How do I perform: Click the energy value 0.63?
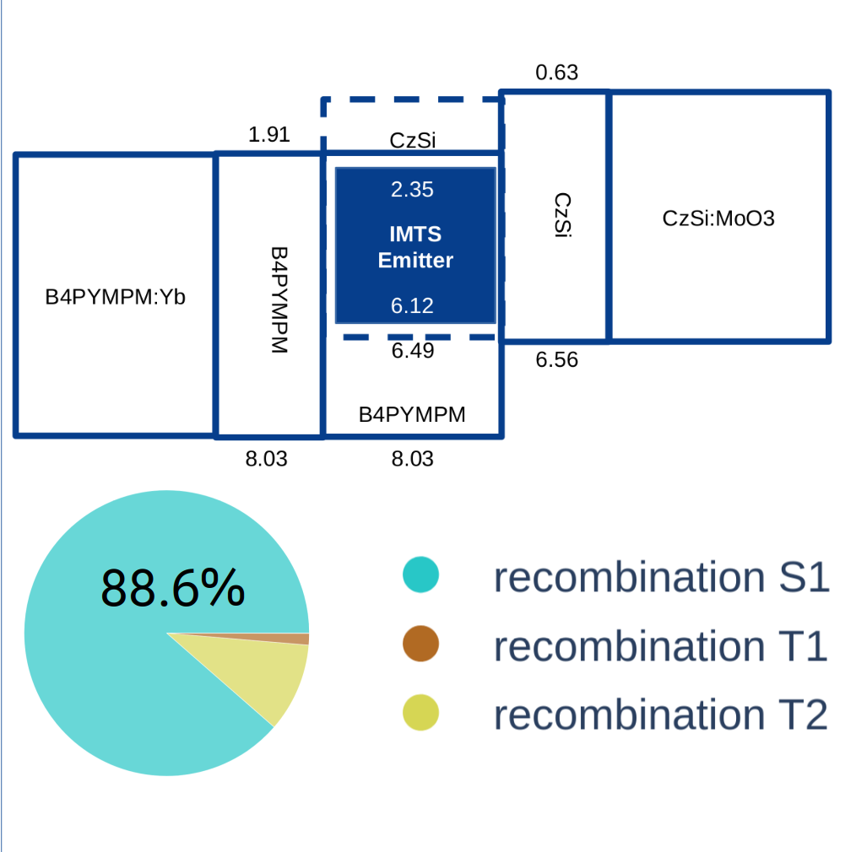pyautogui.click(x=556, y=73)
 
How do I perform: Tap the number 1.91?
pyautogui.click(x=269, y=135)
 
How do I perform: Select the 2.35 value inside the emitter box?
pyautogui.click(x=412, y=190)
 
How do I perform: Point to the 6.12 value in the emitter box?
pyautogui.click(x=412, y=305)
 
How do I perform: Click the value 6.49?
pyautogui.click(x=412, y=350)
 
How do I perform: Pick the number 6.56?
pyautogui.click(x=556, y=360)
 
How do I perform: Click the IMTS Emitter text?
pyautogui.click(x=414, y=247)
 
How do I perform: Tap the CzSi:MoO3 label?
pyautogui.click(x=718, y=218)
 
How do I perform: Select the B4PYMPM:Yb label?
pyautogui.click(x=116, y=297)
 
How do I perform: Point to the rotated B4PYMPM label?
pyautogui.click(x=279, y=300)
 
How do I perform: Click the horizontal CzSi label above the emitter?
pyautogui.click(x=413, y=140)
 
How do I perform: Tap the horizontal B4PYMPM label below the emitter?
pyautogui.click(x=412, y=414)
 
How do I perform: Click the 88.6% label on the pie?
pyautogui.click(x=173, y=588)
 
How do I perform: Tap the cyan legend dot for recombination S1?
pyautogui.click(x=420, y=574)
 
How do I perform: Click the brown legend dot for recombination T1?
pyautogui.click(x=420, y=644)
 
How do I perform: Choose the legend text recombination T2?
pyautogui.click(x=660, y=714)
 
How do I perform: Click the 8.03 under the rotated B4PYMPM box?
pyautogui.click(x=267, y=459)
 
